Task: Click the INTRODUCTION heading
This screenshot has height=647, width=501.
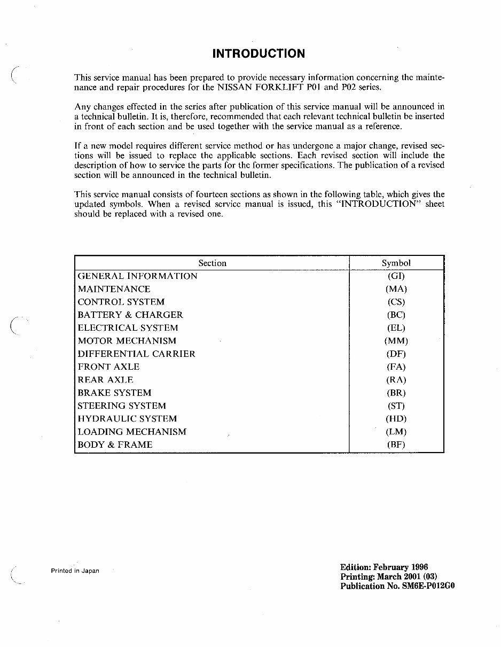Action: pyautogui.click(x=259, y=53)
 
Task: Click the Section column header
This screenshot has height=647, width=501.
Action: pyautogui.click(x=212, y=263)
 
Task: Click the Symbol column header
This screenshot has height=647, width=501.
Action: pyautogui.click(x=396, y=263)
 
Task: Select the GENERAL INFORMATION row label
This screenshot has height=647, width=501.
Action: pyautogui.click(x=137, y=276)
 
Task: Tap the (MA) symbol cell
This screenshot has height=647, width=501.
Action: pyautogui.click(x=396, y=289)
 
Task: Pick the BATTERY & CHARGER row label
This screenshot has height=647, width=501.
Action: pyautogui.click(x=130, y=315)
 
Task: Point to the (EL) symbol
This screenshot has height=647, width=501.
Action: pyautogui.click(x=396, y=328)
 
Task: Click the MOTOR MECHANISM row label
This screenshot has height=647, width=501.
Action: pyautogui.click(x=127, y=341)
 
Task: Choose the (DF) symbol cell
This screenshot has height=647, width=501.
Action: pyautogui.click(x=396, y=354)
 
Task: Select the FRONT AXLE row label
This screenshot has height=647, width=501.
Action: pyautogui.click(x=108, y=367)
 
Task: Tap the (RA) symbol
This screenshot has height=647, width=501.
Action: pyautogui.click(x=396, y=380)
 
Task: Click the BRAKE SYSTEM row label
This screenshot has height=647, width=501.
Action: pyautogui.click(x=114, y=393)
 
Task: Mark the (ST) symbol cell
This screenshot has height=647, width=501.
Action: pyautogui.click(x=396, y=406)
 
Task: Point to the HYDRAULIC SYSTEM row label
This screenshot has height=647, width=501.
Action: pyautogui.click(x=127, y=418)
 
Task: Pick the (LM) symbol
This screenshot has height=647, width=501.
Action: pyautogui.click(x=396, y=432)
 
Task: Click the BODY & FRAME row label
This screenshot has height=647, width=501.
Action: pyautogui.click(x=115, y=445)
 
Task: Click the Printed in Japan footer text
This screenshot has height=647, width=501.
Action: pyautogui.click(x=75, y=571)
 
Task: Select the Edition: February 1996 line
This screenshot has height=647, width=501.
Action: pyautogui.click(x=384, y=567)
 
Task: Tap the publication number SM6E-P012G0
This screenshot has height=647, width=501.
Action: pyautogui.click(x=428, y=586)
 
